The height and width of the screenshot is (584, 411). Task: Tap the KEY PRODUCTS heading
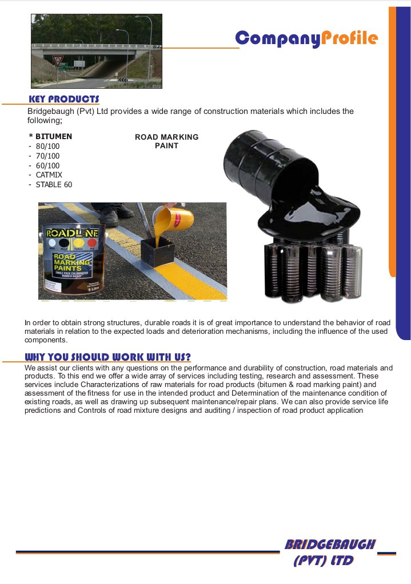point(64,99)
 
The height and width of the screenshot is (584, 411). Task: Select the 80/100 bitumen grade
point(47,146)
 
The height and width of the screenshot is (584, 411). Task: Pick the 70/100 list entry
point(47,156)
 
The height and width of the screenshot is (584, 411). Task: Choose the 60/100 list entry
point(47,165)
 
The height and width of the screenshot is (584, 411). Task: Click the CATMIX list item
point(49,175)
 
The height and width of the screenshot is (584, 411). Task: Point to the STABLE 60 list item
point(54,184)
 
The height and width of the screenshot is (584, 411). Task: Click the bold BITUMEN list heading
point(53,136)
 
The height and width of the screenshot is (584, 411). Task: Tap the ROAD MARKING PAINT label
point(166,141)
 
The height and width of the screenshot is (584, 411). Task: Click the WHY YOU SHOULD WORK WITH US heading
point(109,357)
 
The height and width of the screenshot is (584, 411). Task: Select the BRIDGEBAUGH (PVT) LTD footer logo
point(330,552)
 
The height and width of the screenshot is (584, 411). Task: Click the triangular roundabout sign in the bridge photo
point(57,59)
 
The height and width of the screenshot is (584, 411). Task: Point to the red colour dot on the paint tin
point(93,244)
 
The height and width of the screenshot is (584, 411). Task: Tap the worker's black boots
point(114,216)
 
